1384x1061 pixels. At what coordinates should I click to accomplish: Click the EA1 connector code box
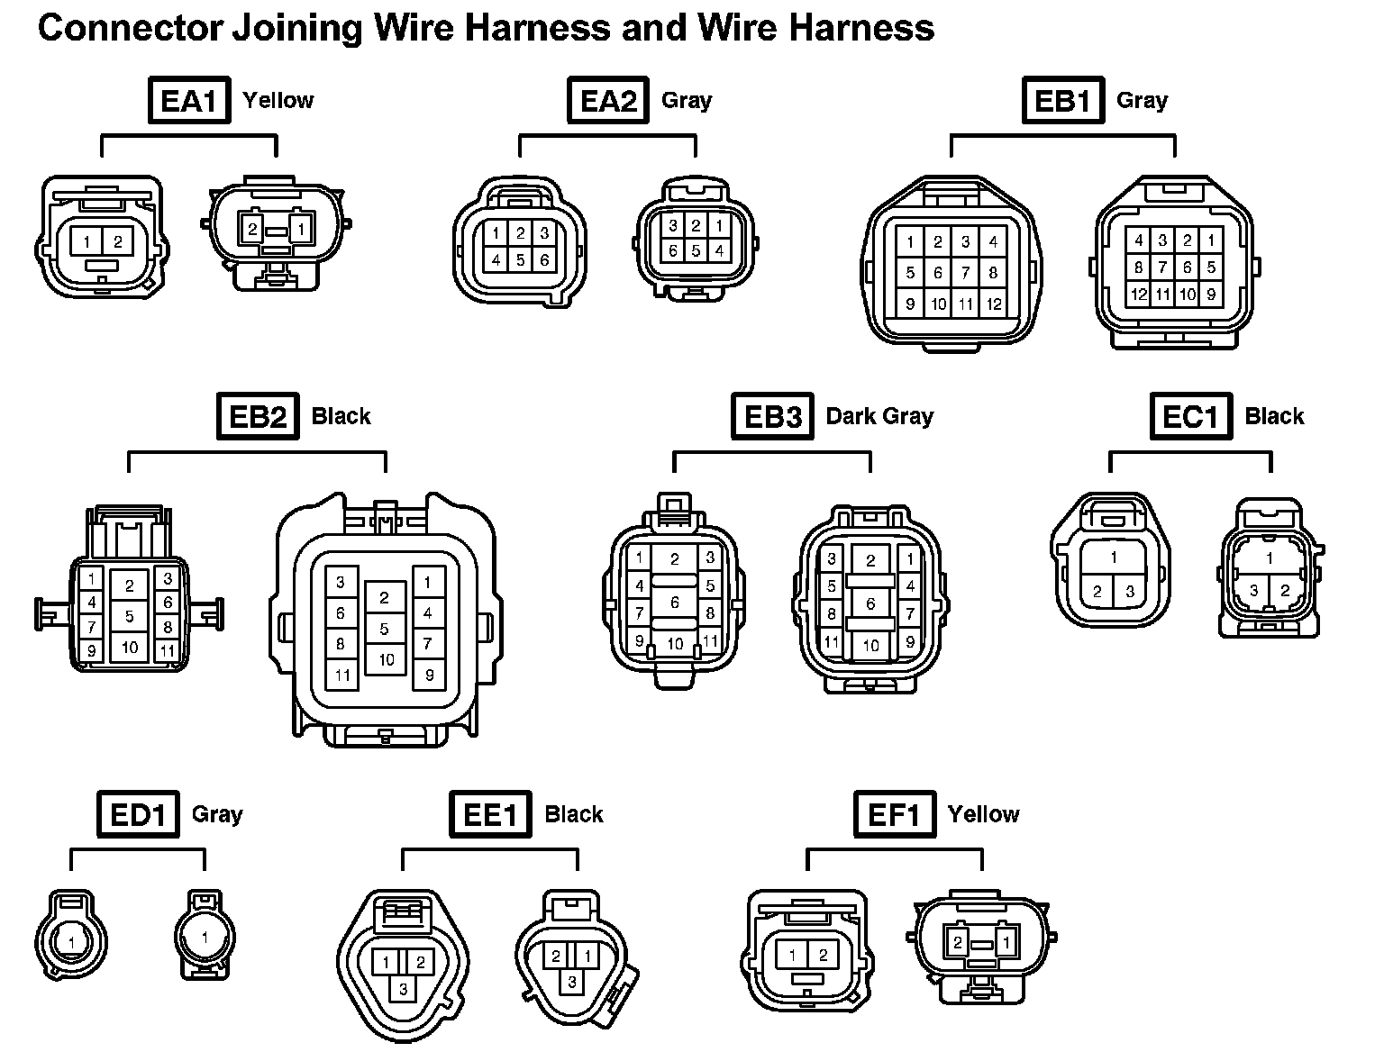tap(188, 100)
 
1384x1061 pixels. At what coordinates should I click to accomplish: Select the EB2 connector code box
tap(258, 416)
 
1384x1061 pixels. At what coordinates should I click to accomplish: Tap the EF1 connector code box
tap(894, 814)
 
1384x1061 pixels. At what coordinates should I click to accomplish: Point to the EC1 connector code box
tap(1190, 416)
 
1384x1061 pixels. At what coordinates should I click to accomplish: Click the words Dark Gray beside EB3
tap(879, 416)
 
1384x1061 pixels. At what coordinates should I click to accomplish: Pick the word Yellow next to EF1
tap(983, 814)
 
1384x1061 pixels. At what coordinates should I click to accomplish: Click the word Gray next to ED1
tap(217, 814)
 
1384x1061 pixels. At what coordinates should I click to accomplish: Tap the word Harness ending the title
tap(861, 29)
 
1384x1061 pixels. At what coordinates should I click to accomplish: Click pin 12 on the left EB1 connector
tap(993, 304)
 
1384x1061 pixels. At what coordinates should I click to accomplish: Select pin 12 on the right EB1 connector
tap(1139, 294)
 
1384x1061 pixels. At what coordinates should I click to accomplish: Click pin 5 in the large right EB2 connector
tap(385, 629)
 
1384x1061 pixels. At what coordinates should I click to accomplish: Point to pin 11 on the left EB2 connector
tap(168, 648)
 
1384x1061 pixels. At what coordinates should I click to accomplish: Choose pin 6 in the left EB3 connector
tap(674, 603)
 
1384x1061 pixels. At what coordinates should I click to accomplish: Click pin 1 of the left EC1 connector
tap(1114, 558)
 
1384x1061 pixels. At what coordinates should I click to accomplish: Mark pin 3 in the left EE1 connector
tap(404, 990)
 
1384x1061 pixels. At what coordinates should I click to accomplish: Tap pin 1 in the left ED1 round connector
tap(70, 943)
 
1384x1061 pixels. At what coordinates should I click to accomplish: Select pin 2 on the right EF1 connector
tap(957, 943)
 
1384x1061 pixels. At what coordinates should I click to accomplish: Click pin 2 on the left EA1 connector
tap(118, 241)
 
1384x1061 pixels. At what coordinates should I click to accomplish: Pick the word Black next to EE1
tap(573, 814)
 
